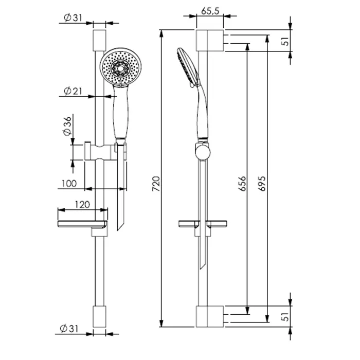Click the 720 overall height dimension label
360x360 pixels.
(156, 184)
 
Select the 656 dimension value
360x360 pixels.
(242, 184)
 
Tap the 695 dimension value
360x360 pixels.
(262, 184)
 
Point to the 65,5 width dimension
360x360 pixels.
(210, 11)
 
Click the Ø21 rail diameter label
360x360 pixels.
(73, 91)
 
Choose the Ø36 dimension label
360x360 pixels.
(67, 127)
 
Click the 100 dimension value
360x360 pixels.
(69, 184)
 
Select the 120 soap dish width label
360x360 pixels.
(82, 205)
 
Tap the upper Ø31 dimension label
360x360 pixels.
(73, 17)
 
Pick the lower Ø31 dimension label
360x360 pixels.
(69, 329)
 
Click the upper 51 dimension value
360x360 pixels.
(285, 41)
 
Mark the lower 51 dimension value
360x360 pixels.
(285, 317)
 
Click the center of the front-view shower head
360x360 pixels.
(120, 67)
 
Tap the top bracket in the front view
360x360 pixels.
(99, 41)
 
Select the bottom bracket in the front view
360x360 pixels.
(99, 316)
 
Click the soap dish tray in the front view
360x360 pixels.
(82, 224)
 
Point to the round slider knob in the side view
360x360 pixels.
(203, 152)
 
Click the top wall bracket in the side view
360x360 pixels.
(210, 41)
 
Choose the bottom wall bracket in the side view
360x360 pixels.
(210, 316)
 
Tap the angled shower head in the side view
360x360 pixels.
(188, 66)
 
